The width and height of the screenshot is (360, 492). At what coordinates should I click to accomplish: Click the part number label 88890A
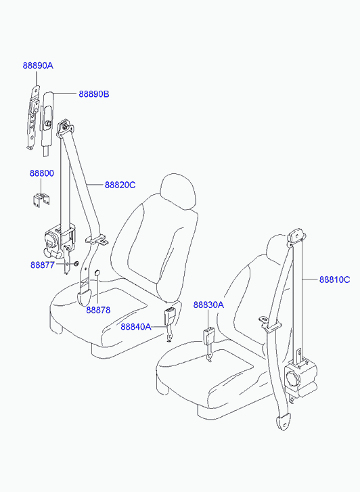38,66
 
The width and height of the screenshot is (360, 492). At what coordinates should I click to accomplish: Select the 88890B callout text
94,94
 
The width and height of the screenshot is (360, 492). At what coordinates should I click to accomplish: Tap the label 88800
42,173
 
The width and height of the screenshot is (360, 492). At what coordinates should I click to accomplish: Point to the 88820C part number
120,185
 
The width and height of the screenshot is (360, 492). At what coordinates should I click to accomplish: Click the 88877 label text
43,265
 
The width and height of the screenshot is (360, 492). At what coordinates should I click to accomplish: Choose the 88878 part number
99,310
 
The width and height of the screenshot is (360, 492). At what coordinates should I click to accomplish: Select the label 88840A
136,327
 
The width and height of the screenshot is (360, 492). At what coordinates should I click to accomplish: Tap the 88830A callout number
208,305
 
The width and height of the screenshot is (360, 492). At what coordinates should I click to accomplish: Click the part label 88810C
334,279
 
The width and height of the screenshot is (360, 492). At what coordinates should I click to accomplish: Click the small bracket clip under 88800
41,200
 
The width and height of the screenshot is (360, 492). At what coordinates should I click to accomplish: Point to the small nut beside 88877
76,263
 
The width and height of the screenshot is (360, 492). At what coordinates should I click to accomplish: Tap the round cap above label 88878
97,274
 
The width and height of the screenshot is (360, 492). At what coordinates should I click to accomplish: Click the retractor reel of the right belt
300,379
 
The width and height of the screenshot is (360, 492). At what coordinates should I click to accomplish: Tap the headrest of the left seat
178,192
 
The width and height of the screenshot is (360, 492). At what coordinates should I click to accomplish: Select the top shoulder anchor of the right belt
296,236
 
